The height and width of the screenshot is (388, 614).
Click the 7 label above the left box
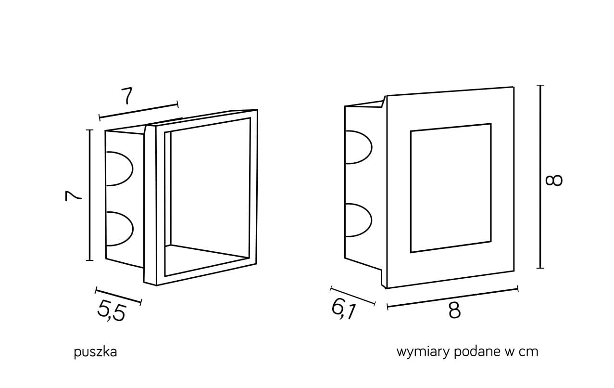coord(126,96)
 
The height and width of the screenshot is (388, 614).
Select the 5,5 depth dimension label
coord(112,310)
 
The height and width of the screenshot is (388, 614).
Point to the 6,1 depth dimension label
coord(343,309)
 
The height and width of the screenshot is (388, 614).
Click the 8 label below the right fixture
coord(454,310)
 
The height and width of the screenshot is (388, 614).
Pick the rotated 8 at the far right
coord(554,180)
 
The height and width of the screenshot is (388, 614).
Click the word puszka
coord(95,352)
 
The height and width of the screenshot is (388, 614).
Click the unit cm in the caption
coord(528,352)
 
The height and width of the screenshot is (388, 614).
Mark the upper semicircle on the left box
coord(118,168)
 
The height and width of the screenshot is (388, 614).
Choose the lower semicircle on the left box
coord(118,228)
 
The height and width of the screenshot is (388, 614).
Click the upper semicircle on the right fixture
coord(358,147)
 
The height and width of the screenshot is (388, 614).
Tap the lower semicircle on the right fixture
coord(358,220)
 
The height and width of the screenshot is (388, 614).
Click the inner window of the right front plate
coord(451,188)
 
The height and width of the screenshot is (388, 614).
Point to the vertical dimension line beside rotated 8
coord(541,177)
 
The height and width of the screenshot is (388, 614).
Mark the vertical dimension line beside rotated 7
coord(90,195)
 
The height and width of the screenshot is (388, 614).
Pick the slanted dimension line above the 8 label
coord(452,297)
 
